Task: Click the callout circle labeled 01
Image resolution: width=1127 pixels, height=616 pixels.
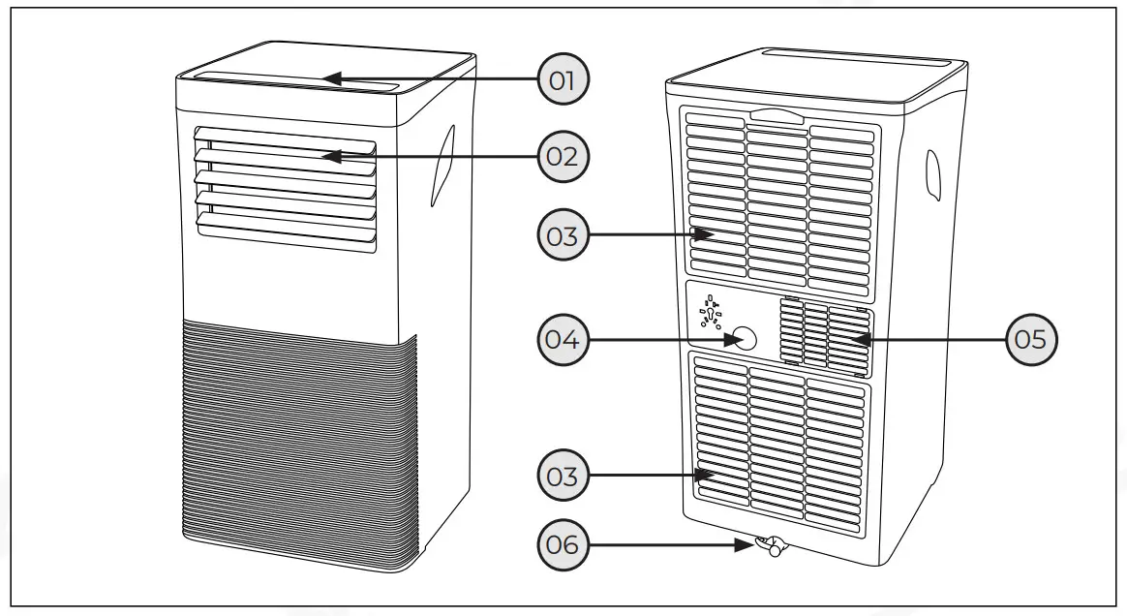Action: pos(563,79)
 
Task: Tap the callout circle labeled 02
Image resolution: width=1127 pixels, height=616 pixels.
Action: pos(563,155)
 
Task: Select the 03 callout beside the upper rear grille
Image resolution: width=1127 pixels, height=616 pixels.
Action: pos(563,235)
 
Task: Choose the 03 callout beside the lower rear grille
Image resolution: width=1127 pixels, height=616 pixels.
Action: pos(563,476)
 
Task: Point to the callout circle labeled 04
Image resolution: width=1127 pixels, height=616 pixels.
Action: pos(563,339)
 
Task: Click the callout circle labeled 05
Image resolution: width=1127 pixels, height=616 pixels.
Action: pos(1031,339)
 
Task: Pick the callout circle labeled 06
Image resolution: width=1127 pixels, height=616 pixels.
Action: pos(563,545)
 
